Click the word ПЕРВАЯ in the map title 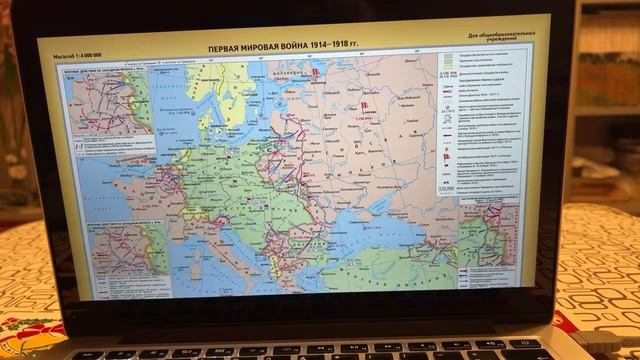227,48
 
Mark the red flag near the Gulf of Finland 312,73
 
